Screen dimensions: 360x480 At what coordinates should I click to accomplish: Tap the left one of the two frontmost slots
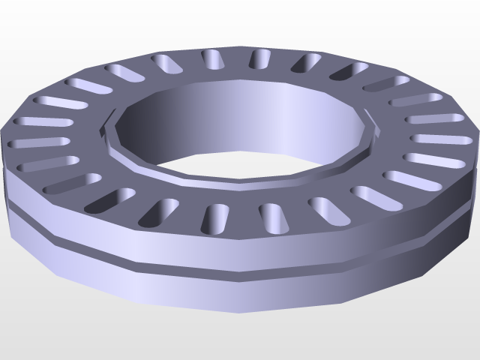pos(219,217)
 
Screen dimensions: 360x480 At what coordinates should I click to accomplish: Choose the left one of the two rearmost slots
pos(212,59)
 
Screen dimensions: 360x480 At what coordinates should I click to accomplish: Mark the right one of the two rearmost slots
pos(259,58)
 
